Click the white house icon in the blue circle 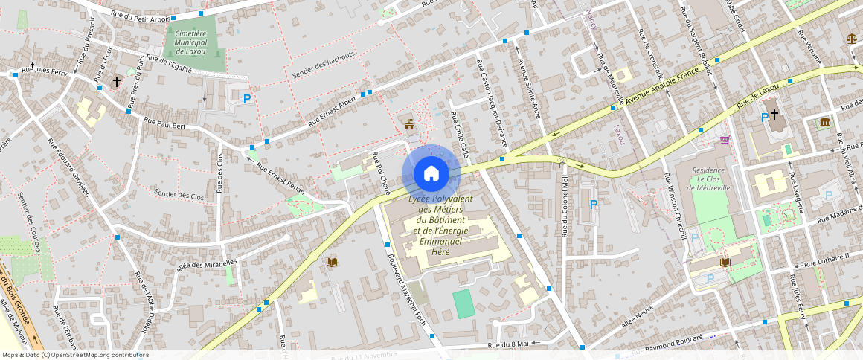point(431,174)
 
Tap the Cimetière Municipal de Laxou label point(190,43)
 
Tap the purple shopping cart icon point(724,140)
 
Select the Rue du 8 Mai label point(508,344)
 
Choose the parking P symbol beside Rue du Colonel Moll point(593,205)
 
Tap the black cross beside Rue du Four point(116,80)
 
